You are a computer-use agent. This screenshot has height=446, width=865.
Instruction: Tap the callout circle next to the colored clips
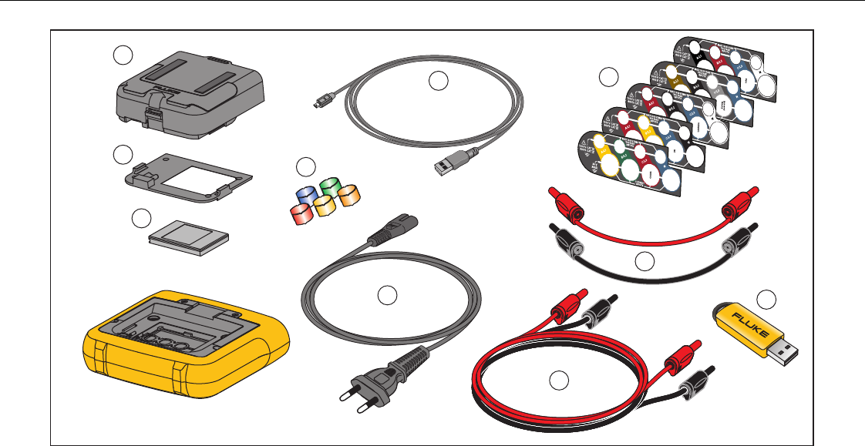[x=306, y=166]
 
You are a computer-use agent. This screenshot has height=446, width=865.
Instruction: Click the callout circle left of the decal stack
[x=609, y=76]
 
